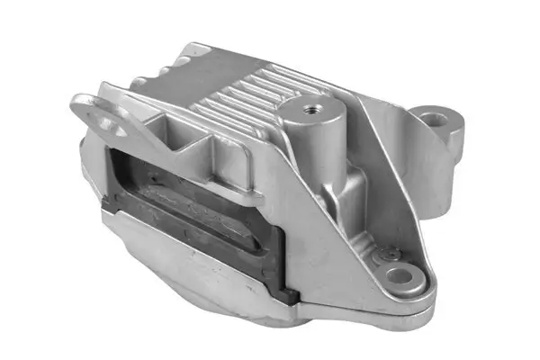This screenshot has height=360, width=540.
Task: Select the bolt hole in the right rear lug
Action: [436, 118]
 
